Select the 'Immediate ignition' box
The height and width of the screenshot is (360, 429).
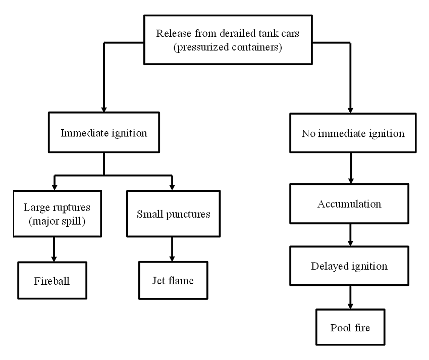tap(103, 134)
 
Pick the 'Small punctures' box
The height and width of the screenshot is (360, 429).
tap(173, 213)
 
